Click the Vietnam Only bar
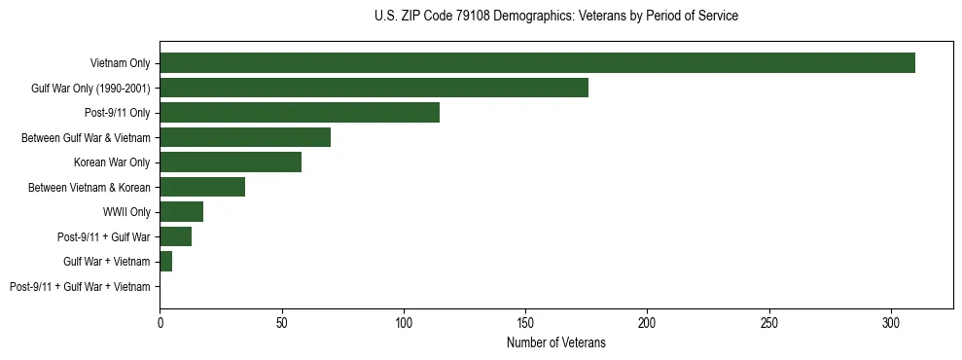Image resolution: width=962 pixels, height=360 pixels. tap(537, 63)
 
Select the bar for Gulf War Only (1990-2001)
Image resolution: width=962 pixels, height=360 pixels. tap(374, 88)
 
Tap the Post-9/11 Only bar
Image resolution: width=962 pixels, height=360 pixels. tap(300, 113)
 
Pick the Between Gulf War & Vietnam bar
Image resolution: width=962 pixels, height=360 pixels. tap(245, 137)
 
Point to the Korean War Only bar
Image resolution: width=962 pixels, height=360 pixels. tap(231, 162)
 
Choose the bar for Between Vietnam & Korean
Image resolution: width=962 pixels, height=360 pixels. tap(202, 187)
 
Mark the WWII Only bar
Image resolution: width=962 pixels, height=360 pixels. tap(181, 212)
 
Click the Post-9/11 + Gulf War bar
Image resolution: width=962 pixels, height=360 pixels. tap(175, 236)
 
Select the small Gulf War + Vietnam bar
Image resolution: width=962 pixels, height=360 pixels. tap(166, 262)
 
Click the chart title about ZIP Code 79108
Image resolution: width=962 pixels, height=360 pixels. tap(555, 17)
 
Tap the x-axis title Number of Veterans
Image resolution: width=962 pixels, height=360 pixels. tap(555, 343)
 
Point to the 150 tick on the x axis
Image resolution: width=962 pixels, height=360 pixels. tap(525, 322)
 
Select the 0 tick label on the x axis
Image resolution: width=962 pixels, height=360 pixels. tap(160, 322)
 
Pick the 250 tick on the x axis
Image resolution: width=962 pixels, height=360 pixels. tap(769, 322)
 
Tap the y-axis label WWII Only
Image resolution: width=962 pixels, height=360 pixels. tap(126, 212)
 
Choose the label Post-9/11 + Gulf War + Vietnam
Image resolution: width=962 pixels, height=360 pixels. tap(80, 287)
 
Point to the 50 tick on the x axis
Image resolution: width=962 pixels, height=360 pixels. tap(281, 322)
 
